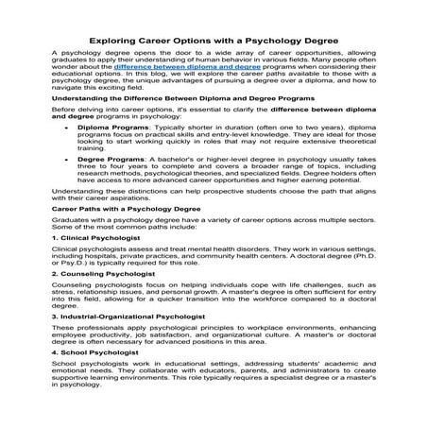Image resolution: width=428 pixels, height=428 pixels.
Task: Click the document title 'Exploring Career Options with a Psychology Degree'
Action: (x=214, y=41)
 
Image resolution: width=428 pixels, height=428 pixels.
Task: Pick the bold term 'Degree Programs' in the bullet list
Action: (x=104, y=187)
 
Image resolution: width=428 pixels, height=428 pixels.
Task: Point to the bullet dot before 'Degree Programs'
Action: (x=63, y=187)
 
